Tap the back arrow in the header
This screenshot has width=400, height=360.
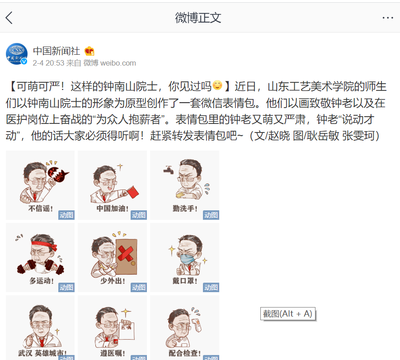(x=9, y=18)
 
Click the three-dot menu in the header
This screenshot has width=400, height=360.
(x=388, y=18)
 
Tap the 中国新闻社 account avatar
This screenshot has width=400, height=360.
(x=17, y=54)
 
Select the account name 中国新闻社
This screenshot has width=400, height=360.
(x=56, y=51)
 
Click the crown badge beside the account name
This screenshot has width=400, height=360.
(x=89, y=51)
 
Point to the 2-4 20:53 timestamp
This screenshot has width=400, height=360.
(x=48, y=63)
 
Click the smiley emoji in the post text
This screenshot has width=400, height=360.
(x=217, y=85)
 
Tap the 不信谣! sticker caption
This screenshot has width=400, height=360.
(x=41, y=208)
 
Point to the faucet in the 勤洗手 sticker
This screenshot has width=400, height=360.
(x=169, y=171)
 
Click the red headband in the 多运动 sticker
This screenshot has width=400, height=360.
(x=41, y=247)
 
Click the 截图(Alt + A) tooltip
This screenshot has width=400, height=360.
(x=287, y=313)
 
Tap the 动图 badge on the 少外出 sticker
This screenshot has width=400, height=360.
(x=139, y=287)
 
